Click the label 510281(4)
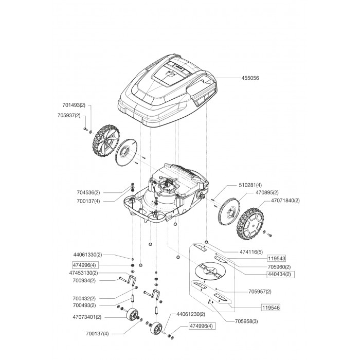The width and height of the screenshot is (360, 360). pyautogui.click(x=250, y=185)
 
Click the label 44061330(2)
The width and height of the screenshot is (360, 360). pyautogui.click(x=88, y=255)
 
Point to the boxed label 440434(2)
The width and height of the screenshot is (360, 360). pyautogui.click(x=279, y=274)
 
